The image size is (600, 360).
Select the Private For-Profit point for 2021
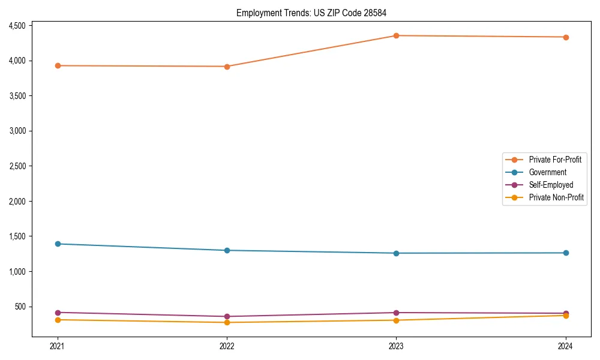pyautogui.click(x=58, y=65)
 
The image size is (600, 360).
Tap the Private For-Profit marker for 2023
pyautogui.click(x=396, y=35)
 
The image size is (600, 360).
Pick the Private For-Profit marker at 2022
pyautogui.click(x=227, y=67)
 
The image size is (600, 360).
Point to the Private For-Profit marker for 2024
pyautogui.click(x=565, y=37)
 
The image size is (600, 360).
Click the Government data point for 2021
pyautogui.click(x=58, y=244)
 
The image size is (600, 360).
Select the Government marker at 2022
pyautogui.click(x=227, y=250)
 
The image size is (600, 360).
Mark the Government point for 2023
pyautogui.click(x=396, y=253)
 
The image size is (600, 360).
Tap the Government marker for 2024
pyautogui.click(x=565, y=253)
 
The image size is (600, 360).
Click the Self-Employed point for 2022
pyautogui.click(x=227, y=316)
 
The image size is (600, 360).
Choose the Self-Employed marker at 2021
pyautogui.click(x=58, y=313)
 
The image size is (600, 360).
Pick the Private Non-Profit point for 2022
pyautogui.click(x=227, y=322)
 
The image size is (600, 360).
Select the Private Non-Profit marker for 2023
pyautogui.click(x=396, y=320)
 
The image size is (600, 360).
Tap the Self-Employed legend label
pyautogui.click(x=551, y=185)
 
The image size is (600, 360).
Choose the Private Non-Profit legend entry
pyautogui.click(x=556, y=197)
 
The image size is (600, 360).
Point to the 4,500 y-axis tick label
pyautogui.click(x=16, y=26)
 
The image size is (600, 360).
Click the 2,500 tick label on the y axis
pyautogui.click(x=16, y=166)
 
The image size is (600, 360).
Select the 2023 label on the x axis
pyautogui.click(x=396, y=346)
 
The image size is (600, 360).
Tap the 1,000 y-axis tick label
pyautogui.click(x=16, y=272)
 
